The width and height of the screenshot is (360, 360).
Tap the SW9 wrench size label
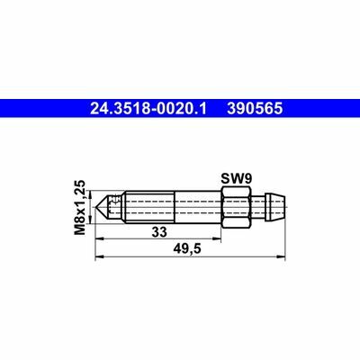pyautogui.click(x=235, y=178)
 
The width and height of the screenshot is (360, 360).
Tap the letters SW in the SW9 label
pyautogui.click(x=230, y=178)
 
